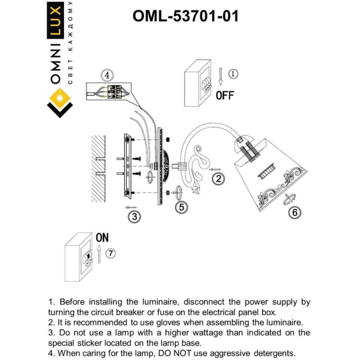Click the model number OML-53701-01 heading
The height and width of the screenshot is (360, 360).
coord(185,16)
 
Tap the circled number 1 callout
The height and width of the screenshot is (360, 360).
coord(233,74)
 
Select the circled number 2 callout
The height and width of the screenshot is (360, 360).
coord(218,179)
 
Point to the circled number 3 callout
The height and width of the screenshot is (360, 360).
coord(134,216)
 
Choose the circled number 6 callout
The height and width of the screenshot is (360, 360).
coord(295,212)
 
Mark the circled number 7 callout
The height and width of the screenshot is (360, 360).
coord(111,253)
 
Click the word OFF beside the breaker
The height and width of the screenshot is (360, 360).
coord(225,95)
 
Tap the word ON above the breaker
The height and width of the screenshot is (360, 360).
coord(102,238)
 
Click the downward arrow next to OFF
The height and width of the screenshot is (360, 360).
coord(220,76)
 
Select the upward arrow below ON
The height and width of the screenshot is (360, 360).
coord(99,254)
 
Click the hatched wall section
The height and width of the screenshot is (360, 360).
coord(98,168)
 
